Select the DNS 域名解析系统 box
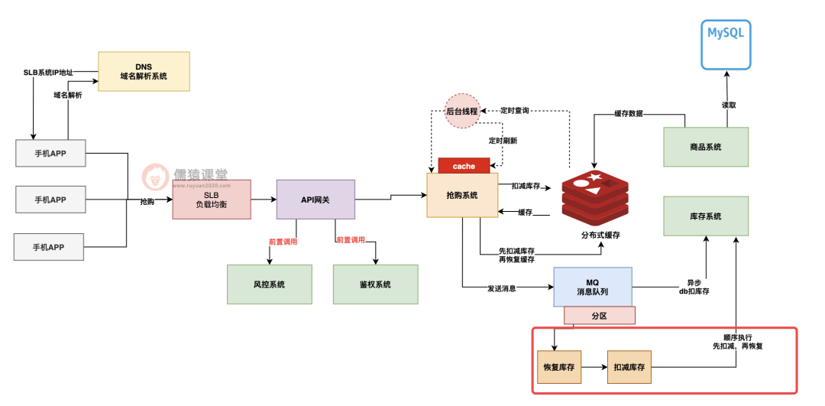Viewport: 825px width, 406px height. click(144, 71)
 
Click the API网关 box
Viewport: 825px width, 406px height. click(315, 200)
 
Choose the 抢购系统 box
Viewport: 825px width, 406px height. click(461, 195)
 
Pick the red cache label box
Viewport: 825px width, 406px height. click(464, 166)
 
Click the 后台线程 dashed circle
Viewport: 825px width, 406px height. click(462, 112)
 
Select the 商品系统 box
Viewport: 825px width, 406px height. click(706, 147)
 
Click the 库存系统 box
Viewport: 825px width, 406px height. click(706, 216)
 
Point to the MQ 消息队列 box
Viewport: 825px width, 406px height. click(593, 287)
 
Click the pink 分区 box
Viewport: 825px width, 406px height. click(599, 315)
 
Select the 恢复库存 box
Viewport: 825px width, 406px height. click(558, 367)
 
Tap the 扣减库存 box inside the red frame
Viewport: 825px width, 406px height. click(629, 367)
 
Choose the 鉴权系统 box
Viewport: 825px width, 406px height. click(375, 284)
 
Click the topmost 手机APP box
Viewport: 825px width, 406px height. click(50, 153)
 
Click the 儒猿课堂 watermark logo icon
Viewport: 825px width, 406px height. click(156, 177)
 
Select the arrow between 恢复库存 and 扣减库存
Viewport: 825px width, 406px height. click(594, 367)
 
